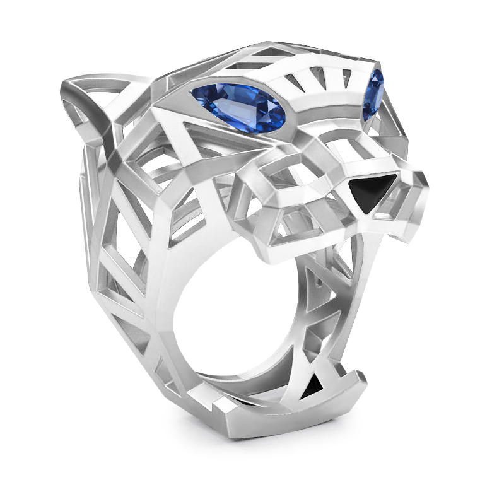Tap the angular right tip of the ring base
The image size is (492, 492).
(x=362, y=379)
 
